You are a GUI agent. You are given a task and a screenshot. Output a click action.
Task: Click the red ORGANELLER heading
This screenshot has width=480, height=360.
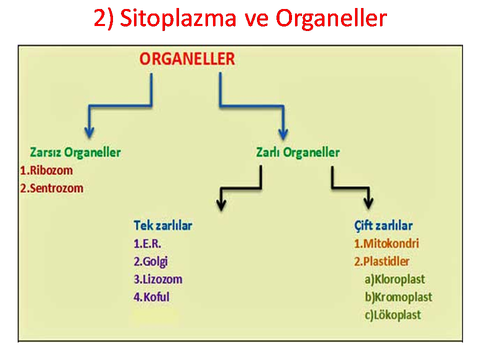187,59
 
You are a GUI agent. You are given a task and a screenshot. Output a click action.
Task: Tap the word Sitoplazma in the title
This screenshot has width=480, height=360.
178,18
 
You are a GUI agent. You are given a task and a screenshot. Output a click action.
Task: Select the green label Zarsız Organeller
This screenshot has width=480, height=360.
75,152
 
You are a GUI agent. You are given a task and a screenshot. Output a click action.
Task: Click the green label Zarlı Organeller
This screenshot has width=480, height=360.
298,152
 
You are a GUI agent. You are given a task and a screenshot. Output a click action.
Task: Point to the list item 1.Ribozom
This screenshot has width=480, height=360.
46,170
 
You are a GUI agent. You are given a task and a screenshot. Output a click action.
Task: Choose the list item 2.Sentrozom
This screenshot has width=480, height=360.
51,188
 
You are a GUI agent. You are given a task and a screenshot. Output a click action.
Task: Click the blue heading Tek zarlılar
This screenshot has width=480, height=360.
163,225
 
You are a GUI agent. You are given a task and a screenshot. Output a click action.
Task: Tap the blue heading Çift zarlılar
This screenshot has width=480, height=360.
383,226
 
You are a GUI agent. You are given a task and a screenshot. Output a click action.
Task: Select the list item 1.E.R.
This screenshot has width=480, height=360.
147,243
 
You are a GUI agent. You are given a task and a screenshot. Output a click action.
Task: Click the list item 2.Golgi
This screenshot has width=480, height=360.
150,262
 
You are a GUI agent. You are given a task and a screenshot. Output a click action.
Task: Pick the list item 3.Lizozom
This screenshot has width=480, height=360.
158,279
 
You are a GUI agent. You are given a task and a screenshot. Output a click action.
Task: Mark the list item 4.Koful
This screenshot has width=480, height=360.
151,297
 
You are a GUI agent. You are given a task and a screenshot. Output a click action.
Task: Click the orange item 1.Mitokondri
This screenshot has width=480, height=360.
386,243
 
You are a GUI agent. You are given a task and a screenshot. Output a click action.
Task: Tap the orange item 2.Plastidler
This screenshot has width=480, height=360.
381,261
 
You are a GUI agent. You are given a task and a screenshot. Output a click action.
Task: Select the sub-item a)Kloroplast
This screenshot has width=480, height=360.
395,279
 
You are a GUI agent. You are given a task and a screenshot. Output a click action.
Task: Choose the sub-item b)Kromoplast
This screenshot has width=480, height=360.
398,297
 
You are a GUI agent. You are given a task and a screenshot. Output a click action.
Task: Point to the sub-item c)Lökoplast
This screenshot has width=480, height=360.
393,315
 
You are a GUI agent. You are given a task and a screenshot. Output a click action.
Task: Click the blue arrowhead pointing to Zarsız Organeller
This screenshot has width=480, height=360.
89,133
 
